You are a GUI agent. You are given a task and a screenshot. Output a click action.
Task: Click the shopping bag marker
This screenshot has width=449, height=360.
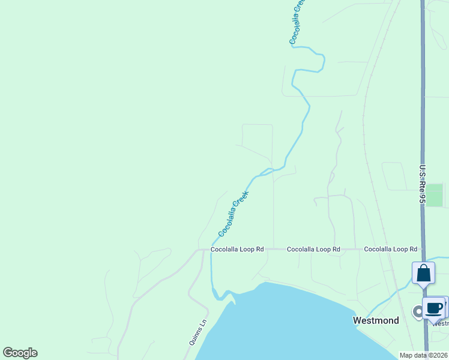pyautogui.click(x=423, y=273)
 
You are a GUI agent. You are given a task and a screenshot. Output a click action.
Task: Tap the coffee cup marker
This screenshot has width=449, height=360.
pyautogui.click(x=433, y=308)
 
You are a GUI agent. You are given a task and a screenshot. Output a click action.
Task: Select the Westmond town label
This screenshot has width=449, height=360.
pyautogui.click(x=376, y=320)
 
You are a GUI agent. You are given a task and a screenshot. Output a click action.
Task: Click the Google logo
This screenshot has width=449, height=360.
pyautogui.click(x=20, y=353)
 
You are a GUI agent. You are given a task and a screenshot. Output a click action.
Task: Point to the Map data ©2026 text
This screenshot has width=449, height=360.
pyautogui.click(x=424, y=355)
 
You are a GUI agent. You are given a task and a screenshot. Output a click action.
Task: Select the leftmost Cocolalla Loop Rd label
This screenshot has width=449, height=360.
pyautogui.click(x=237, y=249)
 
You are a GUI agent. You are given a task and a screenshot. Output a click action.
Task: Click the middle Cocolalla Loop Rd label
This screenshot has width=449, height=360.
pyautogui.click(x=313, y=249)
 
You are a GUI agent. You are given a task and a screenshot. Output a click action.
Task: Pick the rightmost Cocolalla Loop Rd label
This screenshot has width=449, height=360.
pyautogui.click(x=390, y=249)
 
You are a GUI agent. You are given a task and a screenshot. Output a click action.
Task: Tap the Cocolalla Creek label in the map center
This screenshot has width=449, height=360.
pyautogui.click(x=234, y=213)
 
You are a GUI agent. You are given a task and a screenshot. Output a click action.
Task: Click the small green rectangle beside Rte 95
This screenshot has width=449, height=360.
pyautogui.click(x=434, y=195)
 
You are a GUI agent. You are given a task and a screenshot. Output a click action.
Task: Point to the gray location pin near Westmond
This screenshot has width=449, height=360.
pyautogui.click(x=417, y=311)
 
